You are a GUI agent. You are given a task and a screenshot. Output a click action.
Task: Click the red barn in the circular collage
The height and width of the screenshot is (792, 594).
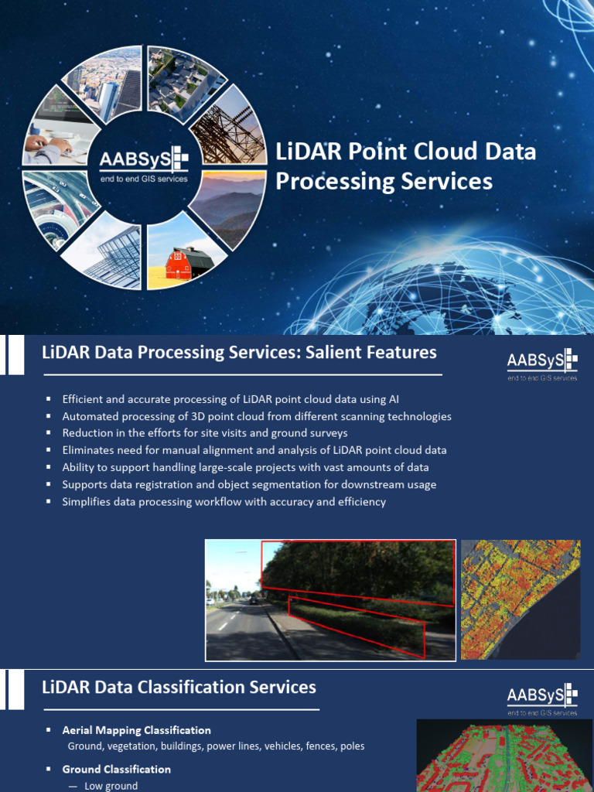tap(189, 263)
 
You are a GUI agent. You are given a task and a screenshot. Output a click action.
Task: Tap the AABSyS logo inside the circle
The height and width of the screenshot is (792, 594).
tap(144, 165)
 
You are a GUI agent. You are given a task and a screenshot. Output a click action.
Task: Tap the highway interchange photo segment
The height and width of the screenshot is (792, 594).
tap(58, 205)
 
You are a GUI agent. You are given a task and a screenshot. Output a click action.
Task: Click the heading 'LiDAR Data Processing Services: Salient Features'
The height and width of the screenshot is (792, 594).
tap(239, 353)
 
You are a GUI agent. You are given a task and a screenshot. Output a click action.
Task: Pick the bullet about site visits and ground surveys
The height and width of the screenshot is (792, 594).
tap(205, 433)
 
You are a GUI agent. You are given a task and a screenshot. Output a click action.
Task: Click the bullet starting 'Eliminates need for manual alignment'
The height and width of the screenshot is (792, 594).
tap(254, 450)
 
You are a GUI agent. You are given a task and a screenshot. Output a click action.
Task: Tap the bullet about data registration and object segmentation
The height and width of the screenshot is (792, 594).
tap(249, 485)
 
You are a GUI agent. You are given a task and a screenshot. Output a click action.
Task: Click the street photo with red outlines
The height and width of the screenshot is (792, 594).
tap(330, 600)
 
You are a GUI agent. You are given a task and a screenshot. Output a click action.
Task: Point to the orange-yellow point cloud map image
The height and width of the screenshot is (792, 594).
tap(521, 599)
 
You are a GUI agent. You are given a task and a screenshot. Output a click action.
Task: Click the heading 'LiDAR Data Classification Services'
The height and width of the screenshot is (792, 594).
tap(179, 687)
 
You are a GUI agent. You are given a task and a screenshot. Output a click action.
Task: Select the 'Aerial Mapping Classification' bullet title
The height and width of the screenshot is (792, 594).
tap(137, 730)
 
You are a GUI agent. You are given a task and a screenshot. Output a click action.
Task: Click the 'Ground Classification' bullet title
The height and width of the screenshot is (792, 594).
tap(117, 770)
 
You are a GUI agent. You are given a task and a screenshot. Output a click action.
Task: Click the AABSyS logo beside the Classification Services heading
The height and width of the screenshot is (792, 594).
tap(541, 699)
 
